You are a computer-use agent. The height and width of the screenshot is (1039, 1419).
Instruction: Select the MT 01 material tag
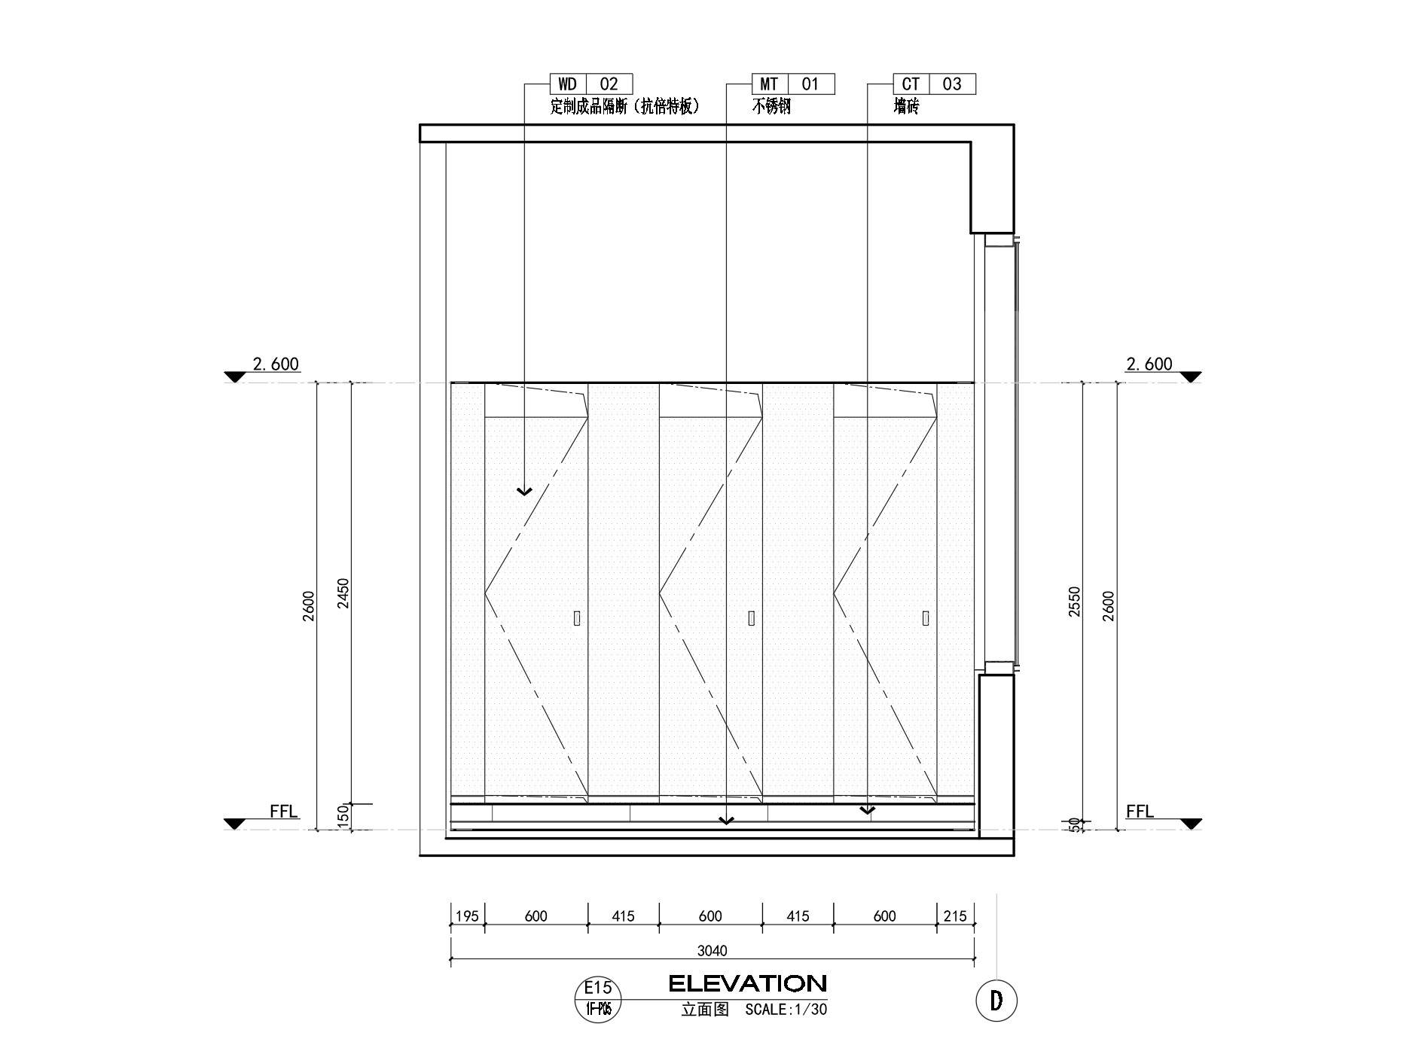pos(793,84)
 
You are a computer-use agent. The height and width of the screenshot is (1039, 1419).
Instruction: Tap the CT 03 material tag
pos(935,84)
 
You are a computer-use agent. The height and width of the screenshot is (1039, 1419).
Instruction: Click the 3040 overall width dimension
pos(712,951)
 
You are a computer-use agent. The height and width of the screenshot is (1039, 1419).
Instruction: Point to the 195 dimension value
pos(468,916)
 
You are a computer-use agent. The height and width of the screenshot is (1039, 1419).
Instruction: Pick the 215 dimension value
pos(955,916)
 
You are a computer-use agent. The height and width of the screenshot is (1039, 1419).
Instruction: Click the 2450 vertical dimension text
pos(343,593)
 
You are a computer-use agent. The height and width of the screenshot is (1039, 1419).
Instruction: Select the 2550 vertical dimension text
pos(1074,602)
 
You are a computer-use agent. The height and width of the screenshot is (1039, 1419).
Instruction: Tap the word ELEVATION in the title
pos(748,983)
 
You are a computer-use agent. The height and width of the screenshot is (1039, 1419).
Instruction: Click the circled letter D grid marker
pos(996,1001)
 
